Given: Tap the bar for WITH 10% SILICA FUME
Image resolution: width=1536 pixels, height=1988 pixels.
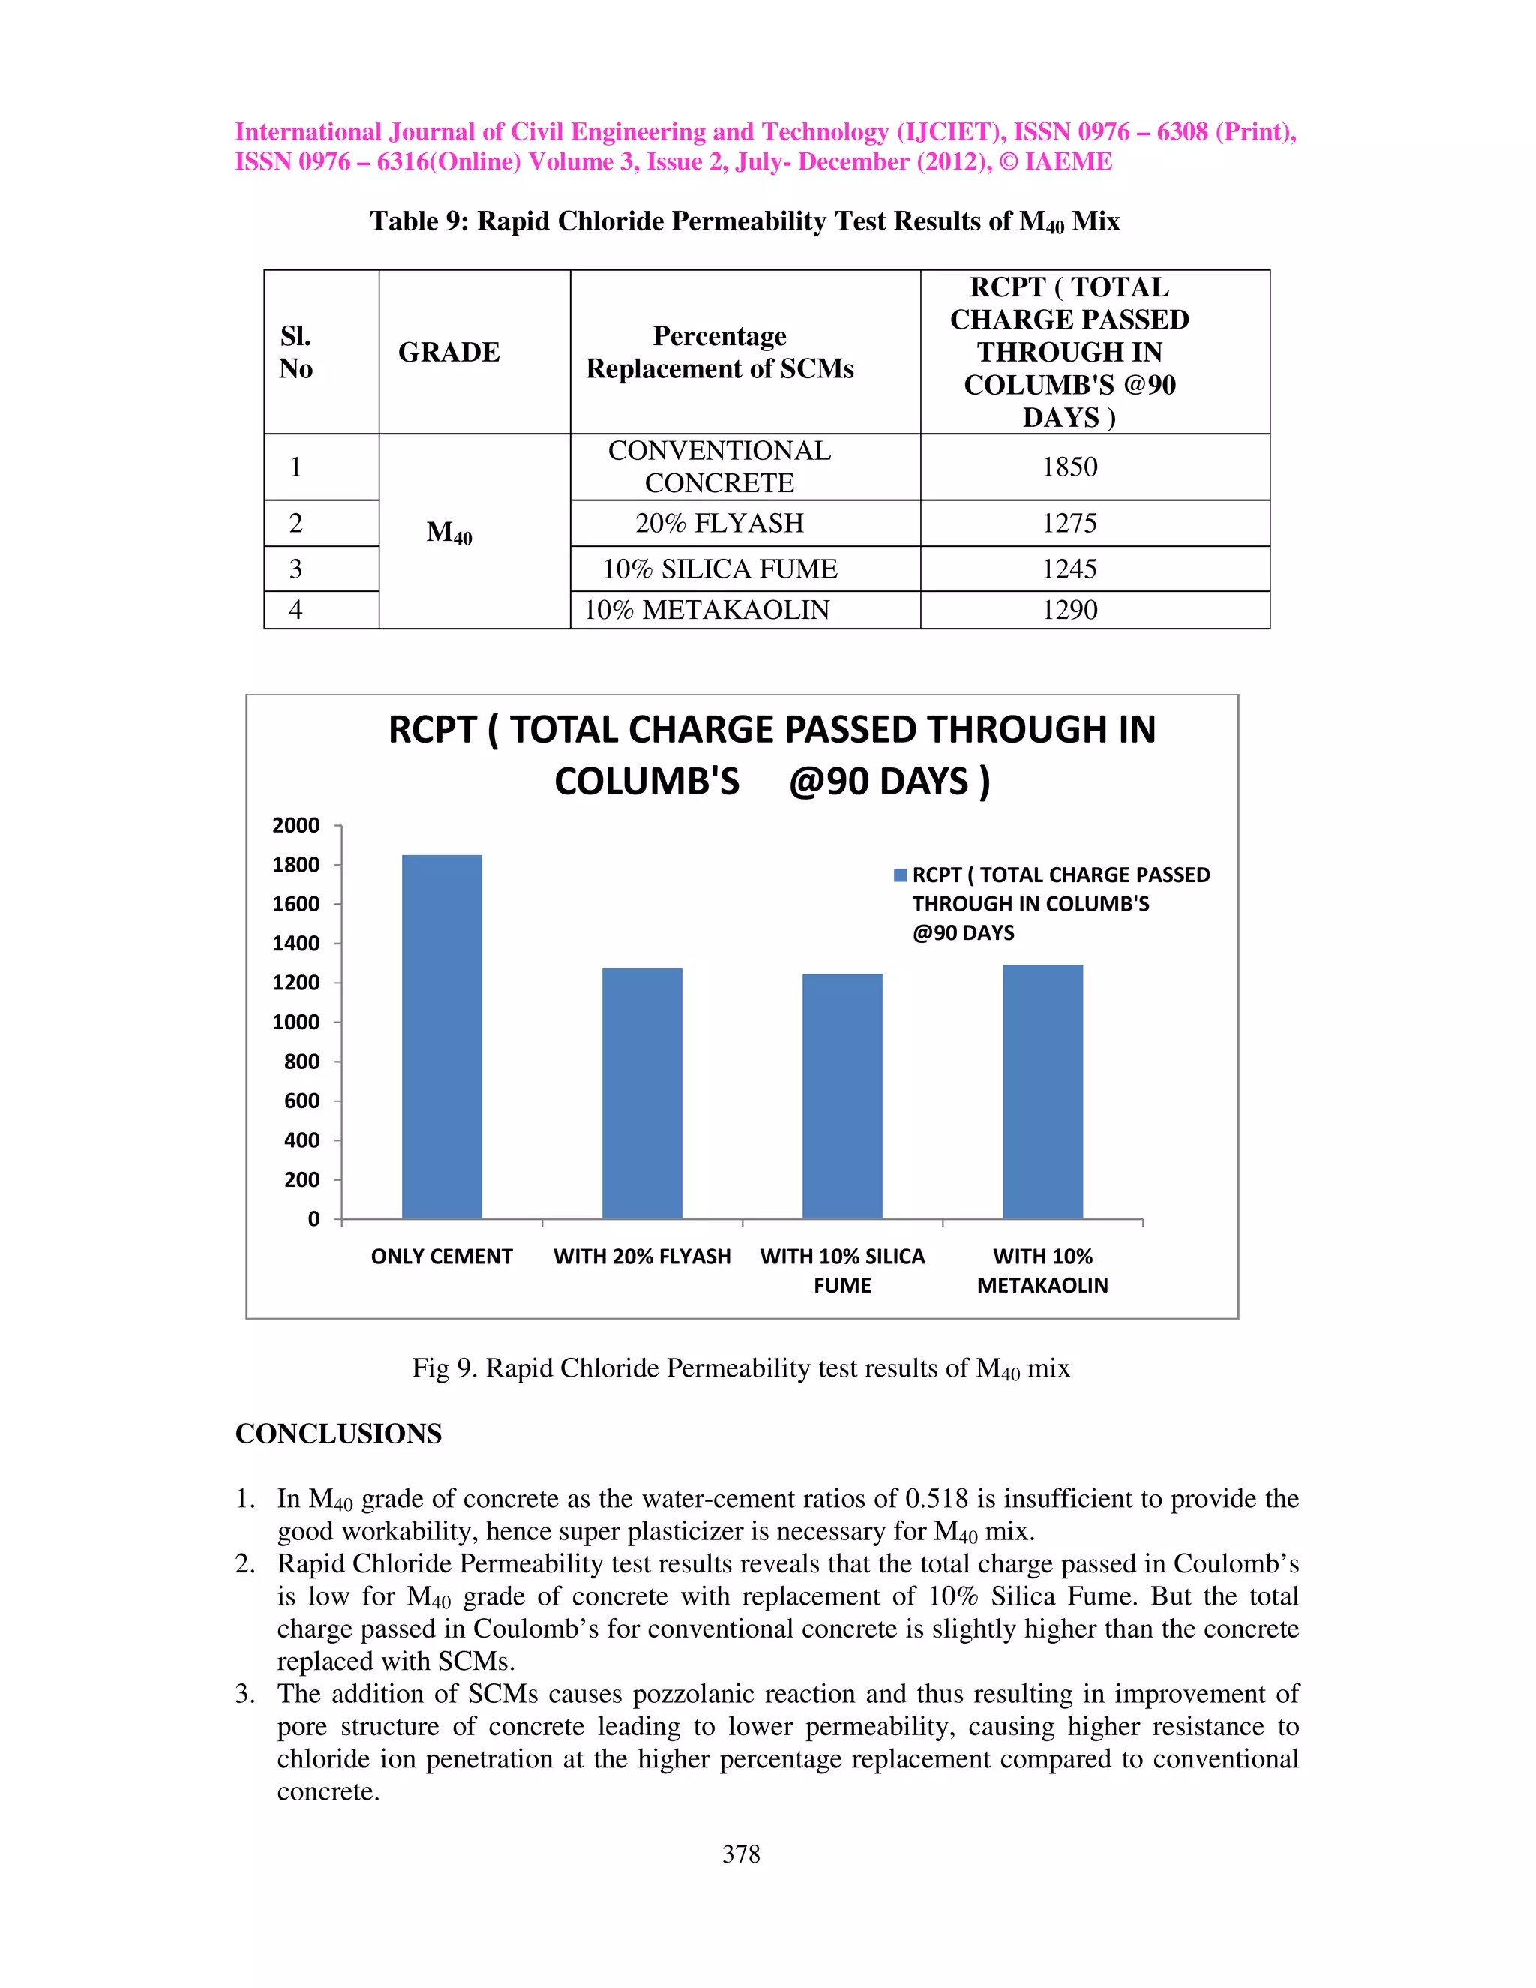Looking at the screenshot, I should (x=841, y=1096).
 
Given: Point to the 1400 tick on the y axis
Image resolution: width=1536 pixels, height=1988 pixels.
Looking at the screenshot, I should (x=297, y=943).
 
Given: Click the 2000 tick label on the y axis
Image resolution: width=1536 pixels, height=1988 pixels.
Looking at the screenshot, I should (x=297, y=826).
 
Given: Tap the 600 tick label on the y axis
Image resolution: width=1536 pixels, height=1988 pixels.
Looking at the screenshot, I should (x=301, y=1101).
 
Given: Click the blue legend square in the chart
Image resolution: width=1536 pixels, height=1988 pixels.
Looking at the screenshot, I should (x=900, y=875).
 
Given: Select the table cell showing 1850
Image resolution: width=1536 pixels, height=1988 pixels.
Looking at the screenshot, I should (x=1069, y=466).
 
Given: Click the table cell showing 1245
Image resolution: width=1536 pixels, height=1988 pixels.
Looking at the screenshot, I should (x=1069, y=569).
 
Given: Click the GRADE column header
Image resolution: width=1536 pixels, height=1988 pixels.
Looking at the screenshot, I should (x=448, y=353).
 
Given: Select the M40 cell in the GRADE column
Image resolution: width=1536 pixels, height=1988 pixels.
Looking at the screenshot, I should (x=448, y=532).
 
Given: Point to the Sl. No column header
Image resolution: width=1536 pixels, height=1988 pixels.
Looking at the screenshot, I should (x=297, y=353).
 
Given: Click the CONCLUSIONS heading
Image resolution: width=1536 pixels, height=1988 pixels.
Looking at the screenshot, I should (x=338, y=1434).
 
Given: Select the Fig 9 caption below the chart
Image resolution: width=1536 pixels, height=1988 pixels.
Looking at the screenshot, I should (x=741, y=1368).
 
